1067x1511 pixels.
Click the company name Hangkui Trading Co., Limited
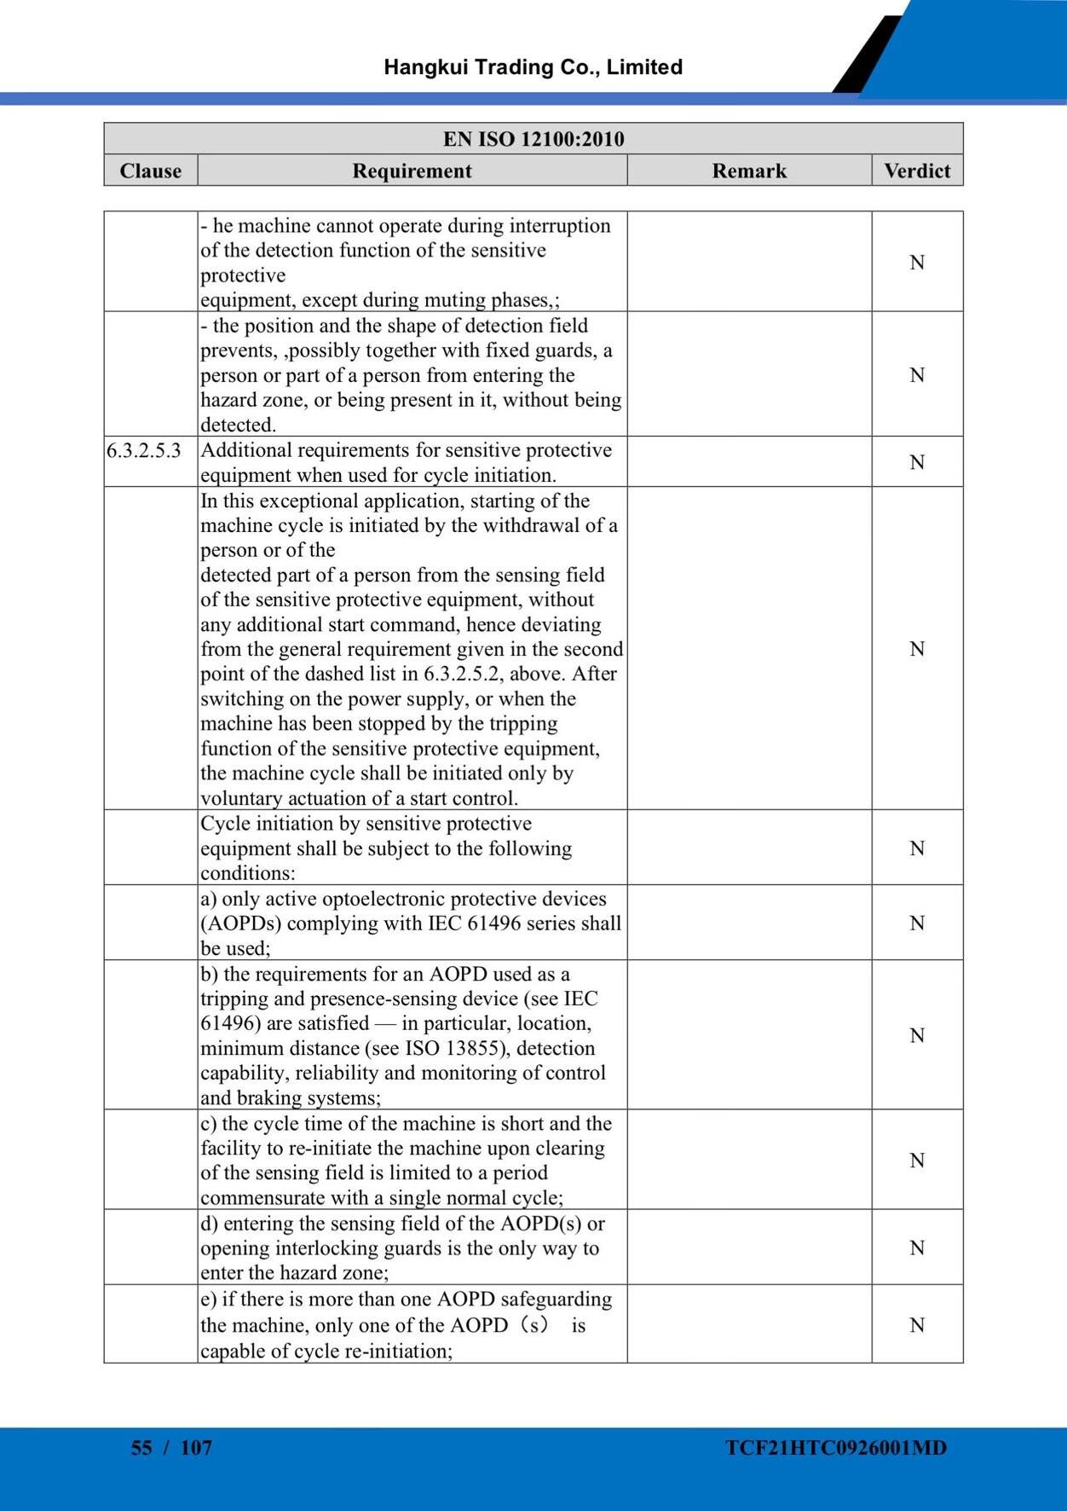point(533,67)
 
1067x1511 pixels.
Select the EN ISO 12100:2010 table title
point(533,139)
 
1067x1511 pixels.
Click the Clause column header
point(151,171)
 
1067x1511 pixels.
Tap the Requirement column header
point(412,171)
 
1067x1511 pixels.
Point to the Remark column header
point(749,171)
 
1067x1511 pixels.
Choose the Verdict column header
point(917,171)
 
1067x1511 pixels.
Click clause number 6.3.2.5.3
point(144,450)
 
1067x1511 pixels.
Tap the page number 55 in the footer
point(141,1447)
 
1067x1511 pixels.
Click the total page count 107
point(196,1447)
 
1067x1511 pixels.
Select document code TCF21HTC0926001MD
point(836,1447)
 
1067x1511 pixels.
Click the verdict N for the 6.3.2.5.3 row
point(917,462)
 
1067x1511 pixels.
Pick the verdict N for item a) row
point(917,923)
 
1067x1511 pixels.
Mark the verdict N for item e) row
point(917,1324)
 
